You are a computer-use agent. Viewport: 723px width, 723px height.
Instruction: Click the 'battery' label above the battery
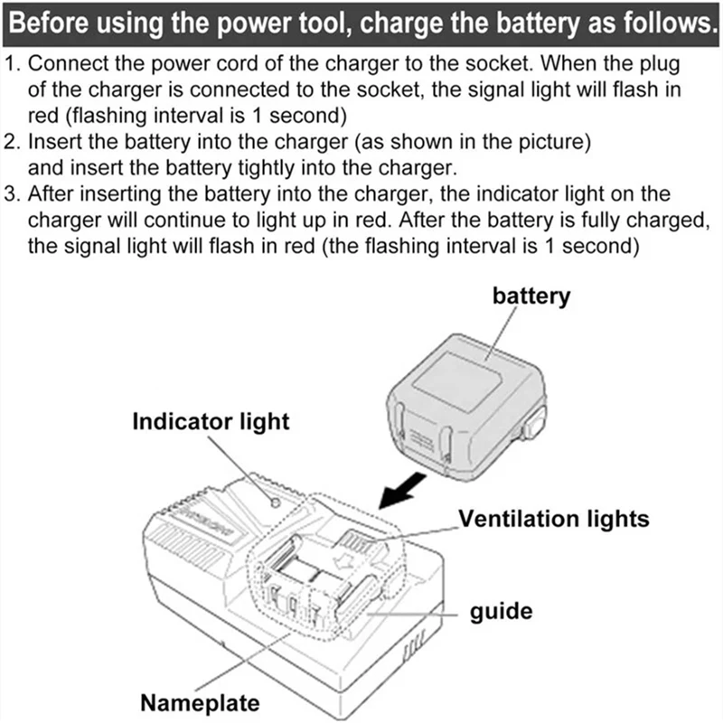coord(531,296)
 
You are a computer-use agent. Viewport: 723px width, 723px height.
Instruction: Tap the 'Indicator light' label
coord(211,420)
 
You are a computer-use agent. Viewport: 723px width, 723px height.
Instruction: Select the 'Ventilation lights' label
coord(554,518)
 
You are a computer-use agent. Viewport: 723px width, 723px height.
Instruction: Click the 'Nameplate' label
coord(200,702)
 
